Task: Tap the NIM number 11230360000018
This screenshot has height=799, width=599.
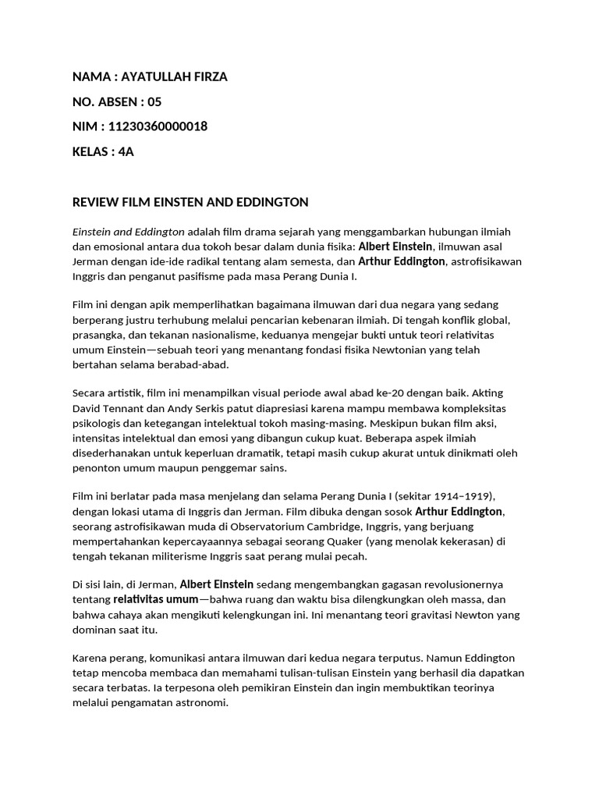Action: point(160,126)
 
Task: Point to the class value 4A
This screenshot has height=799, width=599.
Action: point(126,151)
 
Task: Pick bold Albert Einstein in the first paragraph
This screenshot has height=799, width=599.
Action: point(395,247)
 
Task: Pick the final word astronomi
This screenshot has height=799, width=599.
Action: point(201,702)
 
